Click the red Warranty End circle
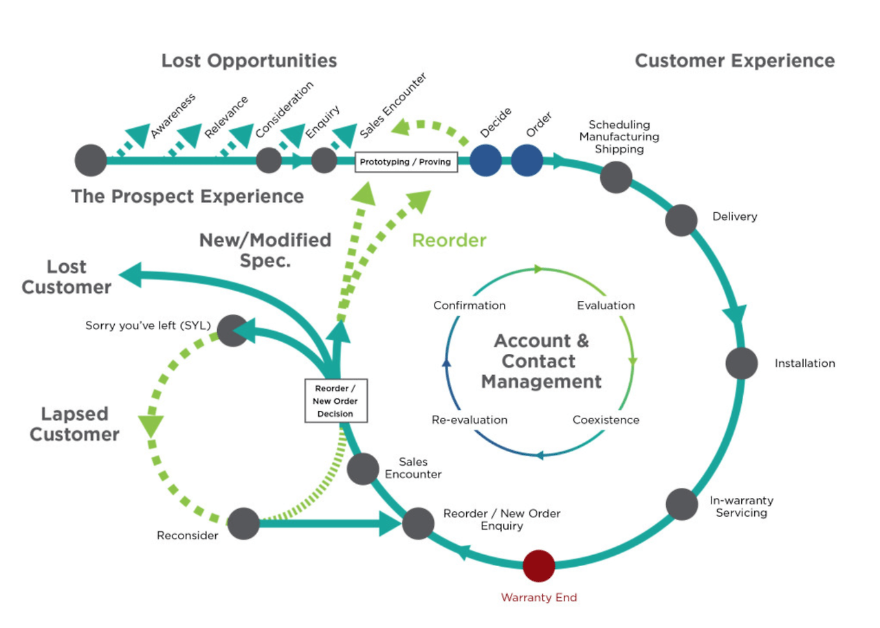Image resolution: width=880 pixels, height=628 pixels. point(539,565)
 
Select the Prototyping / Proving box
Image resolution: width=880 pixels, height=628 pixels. point(406,162)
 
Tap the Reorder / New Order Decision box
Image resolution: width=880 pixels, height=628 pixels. point(336,401)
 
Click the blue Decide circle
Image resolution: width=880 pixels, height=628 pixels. point(485,160)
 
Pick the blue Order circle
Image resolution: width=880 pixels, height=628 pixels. point(527,160)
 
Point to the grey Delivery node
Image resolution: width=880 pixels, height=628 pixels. point(681,221)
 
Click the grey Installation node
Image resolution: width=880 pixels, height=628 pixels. point(742,363)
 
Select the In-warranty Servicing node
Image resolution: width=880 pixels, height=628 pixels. point(682,504)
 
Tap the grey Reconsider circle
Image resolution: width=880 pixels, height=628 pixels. point(243,524)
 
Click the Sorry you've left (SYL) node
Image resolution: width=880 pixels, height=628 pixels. point(232,330)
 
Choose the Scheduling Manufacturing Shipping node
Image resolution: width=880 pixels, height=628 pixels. point(616,177)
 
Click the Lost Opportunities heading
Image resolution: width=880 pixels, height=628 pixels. point(249,60)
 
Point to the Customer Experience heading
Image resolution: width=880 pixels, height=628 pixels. point(734,60)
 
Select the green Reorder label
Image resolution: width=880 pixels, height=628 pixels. point(449,240)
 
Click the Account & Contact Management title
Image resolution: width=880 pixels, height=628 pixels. point(541,361)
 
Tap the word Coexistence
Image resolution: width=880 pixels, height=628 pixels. point(606,420)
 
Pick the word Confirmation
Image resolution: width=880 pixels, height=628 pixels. point(470,305)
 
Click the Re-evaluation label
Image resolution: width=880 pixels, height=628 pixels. point(470,420)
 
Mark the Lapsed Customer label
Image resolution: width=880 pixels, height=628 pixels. point(74,424)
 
